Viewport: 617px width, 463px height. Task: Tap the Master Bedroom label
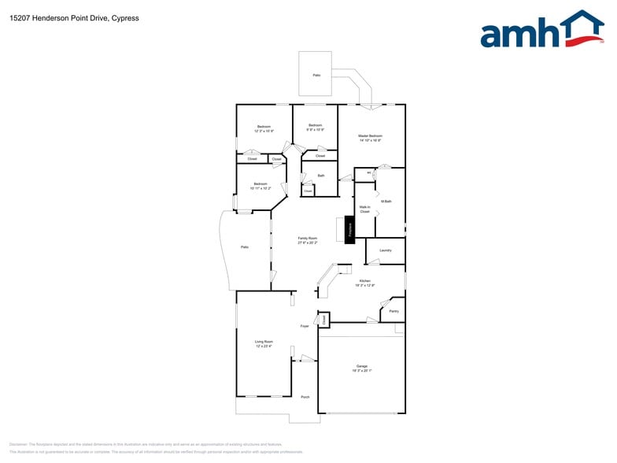click(370, 138)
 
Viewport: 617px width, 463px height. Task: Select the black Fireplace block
click(350, 229)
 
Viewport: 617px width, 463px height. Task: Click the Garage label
click(362, 369)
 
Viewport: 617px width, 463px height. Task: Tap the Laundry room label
click(386, 250)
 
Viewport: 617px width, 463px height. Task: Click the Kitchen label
click(365, 281)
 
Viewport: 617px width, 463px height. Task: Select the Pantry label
click(393, 311)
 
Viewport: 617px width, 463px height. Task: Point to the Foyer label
click(305, 325)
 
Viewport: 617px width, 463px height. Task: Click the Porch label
click(305, 397)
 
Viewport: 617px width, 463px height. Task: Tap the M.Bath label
click(386, 202)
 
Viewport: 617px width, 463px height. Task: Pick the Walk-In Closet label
click(364, 209)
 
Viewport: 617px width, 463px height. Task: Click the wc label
click(368, 172)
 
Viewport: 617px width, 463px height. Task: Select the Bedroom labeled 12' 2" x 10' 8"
click(264, 128)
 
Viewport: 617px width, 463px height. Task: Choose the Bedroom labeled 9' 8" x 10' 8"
click(315, 128)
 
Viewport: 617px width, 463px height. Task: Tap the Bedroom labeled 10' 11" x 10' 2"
click(260, 186)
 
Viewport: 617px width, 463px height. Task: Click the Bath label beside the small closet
click(321, 176)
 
